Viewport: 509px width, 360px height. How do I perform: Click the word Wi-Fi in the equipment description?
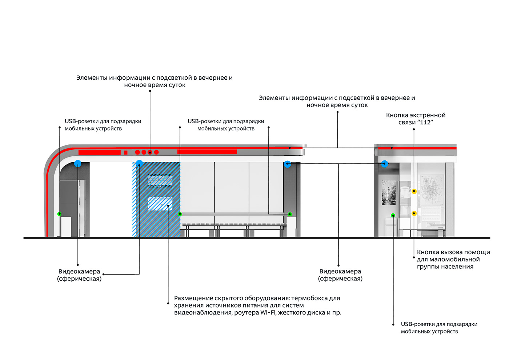[268, 312]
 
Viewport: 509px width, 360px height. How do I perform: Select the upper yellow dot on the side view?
[414, 191]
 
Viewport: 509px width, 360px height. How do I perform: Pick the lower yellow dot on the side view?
[414, 213]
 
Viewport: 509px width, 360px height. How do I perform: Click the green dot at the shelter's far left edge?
[59, 214]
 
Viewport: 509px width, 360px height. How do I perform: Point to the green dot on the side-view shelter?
[393, 215]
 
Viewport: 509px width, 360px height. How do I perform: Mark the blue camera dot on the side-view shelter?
[384, 164]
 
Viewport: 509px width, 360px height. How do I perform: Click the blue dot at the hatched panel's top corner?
[139, 164]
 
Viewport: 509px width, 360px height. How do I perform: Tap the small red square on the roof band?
[126, 152]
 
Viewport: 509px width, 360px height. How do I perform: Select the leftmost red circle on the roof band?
[137, 152]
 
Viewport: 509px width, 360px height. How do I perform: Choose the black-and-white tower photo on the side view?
[389, 193]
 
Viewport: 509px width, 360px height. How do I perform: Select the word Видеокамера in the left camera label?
[79, 271]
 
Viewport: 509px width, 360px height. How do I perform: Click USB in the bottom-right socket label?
[406, 324]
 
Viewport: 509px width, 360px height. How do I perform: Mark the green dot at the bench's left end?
[180, 214]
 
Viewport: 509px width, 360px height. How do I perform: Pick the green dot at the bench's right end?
[290, 214]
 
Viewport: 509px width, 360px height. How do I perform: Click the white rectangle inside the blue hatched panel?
[160, 204]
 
